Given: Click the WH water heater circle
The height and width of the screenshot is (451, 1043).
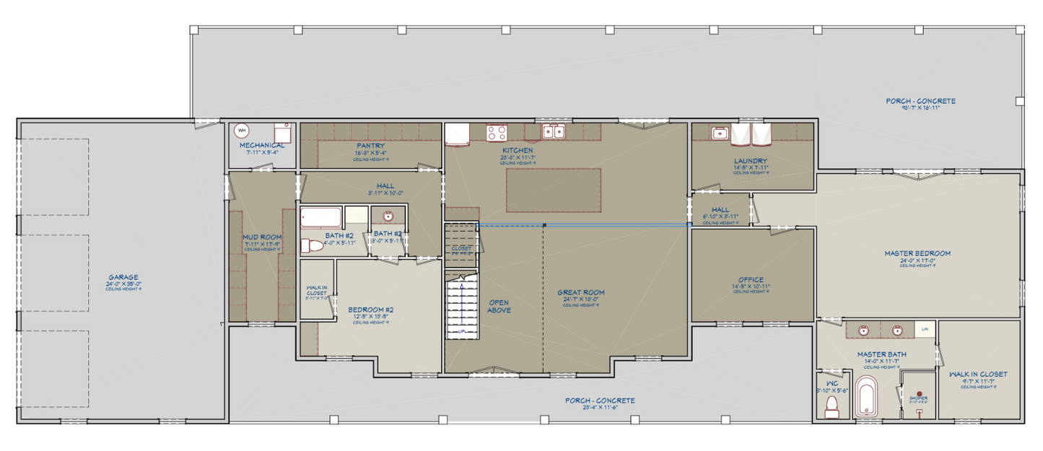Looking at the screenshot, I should [242, 131].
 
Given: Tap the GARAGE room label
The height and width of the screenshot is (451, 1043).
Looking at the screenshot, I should [123, 276].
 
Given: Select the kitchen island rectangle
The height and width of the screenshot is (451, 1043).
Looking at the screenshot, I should [554, 190].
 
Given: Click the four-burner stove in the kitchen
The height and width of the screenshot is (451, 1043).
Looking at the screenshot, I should [496, 133].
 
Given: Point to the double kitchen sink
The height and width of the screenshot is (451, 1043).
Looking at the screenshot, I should [554, 131].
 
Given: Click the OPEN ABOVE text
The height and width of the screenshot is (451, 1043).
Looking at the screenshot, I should [499, 306].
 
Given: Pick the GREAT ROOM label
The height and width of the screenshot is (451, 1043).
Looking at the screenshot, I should [580, 292].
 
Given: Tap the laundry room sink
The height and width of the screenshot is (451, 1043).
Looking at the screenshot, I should [719, 133].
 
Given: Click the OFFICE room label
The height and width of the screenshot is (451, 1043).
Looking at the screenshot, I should [751, 280].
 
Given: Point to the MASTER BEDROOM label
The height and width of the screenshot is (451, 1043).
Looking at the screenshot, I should [917, 253].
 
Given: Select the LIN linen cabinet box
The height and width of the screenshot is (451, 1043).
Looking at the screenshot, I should [923, 329].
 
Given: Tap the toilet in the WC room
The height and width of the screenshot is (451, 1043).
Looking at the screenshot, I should [831, 406].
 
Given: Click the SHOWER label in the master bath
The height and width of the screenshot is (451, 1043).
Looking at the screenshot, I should [918, 398].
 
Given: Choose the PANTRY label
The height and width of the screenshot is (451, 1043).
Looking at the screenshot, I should [370, 146].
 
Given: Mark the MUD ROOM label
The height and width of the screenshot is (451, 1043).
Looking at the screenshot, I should [262, 237].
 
